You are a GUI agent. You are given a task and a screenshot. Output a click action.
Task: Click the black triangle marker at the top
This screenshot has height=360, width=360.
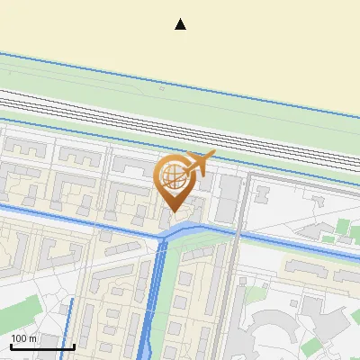[x=181, y=24]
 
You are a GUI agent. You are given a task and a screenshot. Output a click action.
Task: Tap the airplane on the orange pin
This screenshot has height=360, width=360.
[x=200, y=164]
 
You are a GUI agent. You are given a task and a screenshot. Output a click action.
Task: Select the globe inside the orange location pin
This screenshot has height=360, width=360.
[x=173, y=177]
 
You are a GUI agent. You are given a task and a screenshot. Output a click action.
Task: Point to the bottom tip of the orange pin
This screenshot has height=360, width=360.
[x=174, y=211]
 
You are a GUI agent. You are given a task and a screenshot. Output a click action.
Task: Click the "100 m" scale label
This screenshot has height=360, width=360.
[x=24, y=338]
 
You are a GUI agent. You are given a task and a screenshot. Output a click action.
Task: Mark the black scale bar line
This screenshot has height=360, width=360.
[x=42, y=346]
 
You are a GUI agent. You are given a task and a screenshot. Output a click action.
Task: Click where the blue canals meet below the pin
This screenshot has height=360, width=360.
[x=167, y=237]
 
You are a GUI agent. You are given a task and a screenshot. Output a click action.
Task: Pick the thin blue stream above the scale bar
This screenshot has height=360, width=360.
[x=69, y=319]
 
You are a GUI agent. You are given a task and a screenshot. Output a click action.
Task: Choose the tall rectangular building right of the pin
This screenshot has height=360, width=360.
[x=230, y=198]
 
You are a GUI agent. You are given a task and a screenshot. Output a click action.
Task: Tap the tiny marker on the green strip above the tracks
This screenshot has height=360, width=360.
[x=160, y=89]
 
